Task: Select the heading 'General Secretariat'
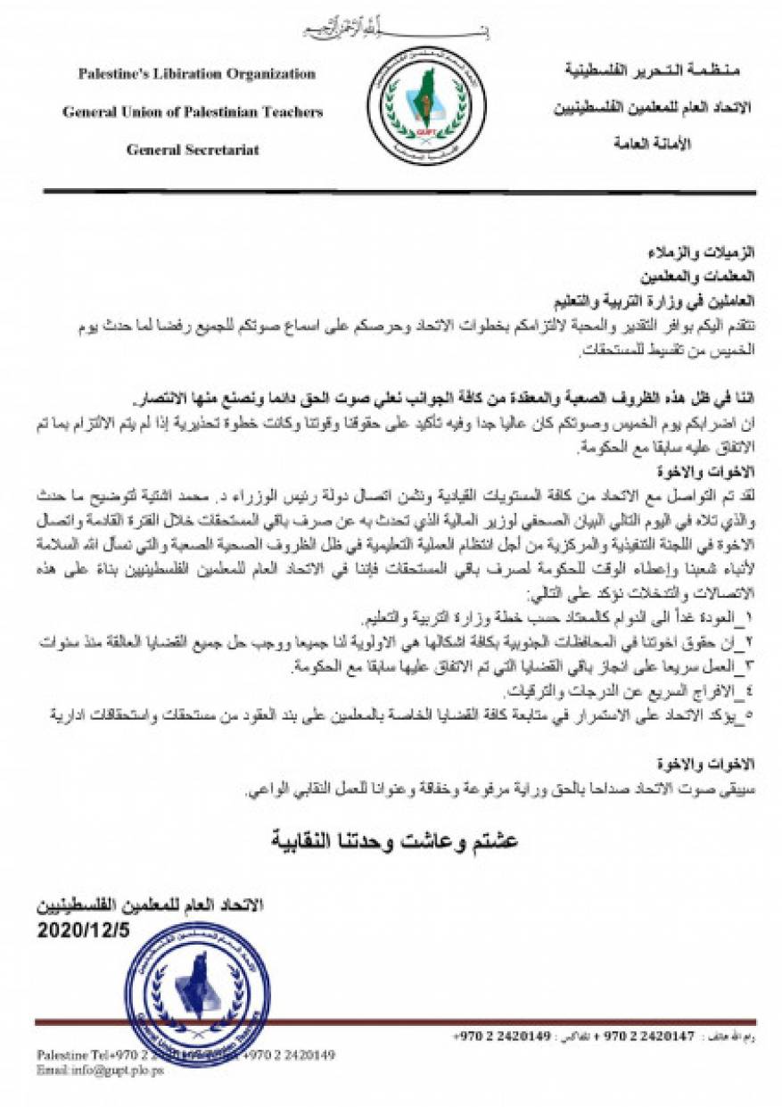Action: [193, 150]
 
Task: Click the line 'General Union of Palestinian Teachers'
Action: [193, 112]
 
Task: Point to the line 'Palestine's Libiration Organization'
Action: [196, 74]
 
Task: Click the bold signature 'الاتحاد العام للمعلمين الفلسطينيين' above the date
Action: [150, 905]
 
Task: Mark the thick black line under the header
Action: [399, 191]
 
